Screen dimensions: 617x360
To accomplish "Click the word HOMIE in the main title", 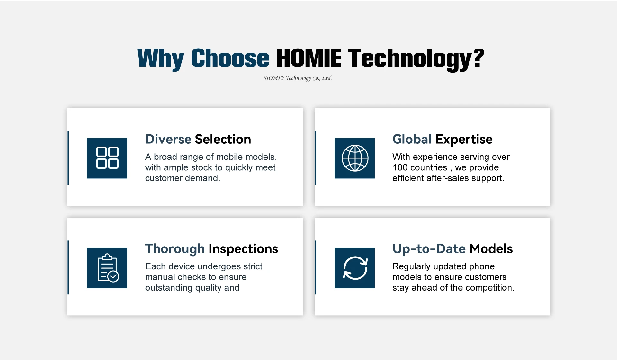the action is [x=309, y=58].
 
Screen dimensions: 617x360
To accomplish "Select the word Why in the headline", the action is [x=161, y=59].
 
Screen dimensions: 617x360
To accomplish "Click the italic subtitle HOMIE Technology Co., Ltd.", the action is [x=298, y=78].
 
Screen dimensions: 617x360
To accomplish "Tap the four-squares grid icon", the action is [x=107, y=158].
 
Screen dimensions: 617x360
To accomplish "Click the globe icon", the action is [x=354, y=158].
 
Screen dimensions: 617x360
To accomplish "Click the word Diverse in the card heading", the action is [x=168, y=139].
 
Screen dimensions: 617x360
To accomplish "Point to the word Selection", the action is [x=223, y=139].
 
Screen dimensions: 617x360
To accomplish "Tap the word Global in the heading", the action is [x=412, y=139].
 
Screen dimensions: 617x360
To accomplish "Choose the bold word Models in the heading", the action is [x=491, y=249].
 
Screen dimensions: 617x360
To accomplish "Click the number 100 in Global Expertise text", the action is [x=400, y=167].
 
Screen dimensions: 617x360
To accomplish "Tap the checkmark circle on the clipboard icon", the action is [x=113, y=276].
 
